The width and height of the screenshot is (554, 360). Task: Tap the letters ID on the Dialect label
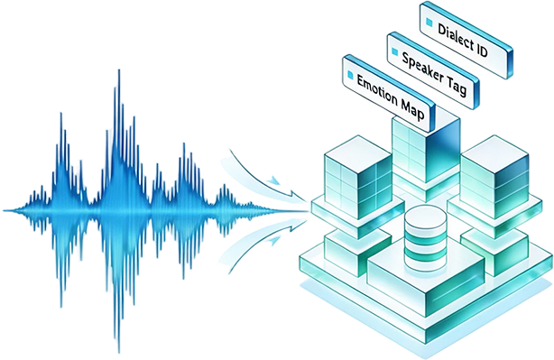(481, 51)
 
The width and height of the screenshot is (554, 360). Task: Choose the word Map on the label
(413, 110)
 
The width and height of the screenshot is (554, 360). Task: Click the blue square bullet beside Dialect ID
(429, 23)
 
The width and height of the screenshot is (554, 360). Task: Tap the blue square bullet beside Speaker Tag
(394, 52)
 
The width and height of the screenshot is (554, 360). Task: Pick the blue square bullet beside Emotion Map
(350, 75)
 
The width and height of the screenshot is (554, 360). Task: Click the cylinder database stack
(425, 238)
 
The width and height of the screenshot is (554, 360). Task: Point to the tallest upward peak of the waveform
(119, 70)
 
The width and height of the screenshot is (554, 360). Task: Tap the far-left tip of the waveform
(5, 210)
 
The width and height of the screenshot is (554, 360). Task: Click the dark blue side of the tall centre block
(443, 150)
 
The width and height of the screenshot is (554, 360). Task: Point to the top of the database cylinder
(425, 214)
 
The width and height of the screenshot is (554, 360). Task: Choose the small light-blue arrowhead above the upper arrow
(273, 180)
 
